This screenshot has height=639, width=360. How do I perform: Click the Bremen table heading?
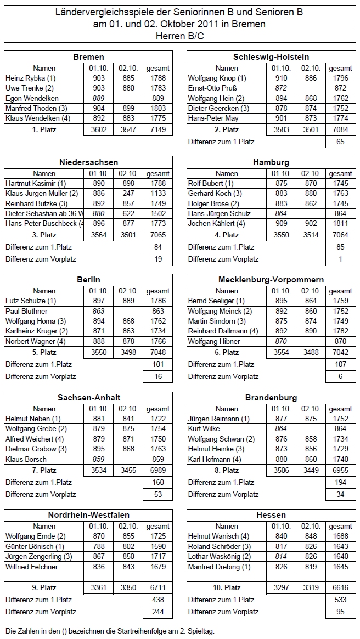(88, 57)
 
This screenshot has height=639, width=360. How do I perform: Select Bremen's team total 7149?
(157, 130)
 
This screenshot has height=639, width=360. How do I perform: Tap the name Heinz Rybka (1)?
(31, 78)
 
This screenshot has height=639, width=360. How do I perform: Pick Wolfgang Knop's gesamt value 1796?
(340, 78)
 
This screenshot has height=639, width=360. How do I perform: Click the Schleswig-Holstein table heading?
(271, 57)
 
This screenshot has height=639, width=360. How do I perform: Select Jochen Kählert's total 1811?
(340, 223)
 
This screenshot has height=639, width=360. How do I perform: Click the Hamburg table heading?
(271, 162)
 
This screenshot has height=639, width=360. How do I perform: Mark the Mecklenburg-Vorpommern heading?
(271, 280)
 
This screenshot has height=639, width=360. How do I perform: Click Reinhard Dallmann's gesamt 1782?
(340, 331)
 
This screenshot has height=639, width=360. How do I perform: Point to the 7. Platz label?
(44, 470)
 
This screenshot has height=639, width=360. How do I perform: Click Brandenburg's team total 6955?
(340, 470)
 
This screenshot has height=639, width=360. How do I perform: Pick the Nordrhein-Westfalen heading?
(88, 515)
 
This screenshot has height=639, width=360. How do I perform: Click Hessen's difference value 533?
(340, 600)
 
